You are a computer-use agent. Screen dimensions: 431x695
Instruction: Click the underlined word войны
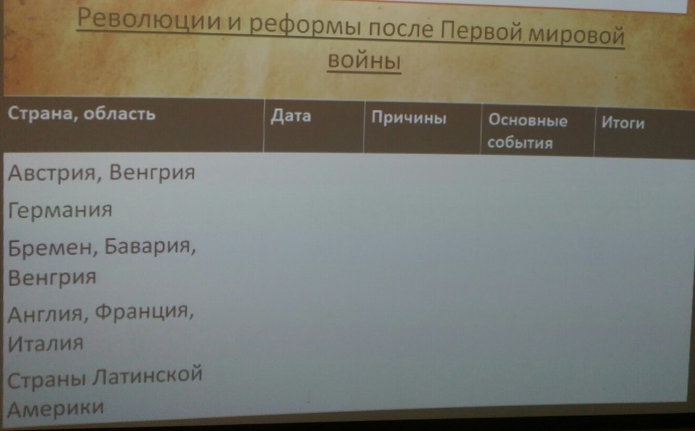coord(363,62)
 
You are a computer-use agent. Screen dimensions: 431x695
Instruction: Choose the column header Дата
coord(290,116)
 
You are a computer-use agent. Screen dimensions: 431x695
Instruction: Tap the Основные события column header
coord(527,131)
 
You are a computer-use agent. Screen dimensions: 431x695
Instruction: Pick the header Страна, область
coord(81,113)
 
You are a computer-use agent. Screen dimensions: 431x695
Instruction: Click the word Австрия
coord(54,173)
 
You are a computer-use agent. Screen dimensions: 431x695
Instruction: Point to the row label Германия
coord(60,211)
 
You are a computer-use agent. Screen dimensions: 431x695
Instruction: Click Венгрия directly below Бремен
coord(52,277)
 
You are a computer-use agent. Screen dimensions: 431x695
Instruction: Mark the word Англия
coord(48,313)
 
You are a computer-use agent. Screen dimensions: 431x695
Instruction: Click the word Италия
coord(46,344)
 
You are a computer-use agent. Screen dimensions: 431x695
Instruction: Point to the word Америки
coord(56,407)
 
